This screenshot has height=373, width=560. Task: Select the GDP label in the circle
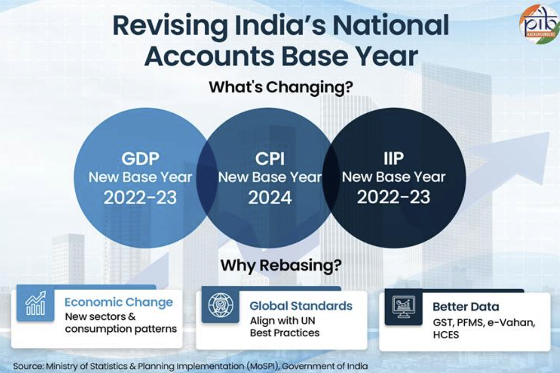tap(140, 159)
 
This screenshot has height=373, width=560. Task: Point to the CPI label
tap(270, 159)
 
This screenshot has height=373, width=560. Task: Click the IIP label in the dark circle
tap(394, 159)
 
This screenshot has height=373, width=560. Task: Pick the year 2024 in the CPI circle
tap(270, 197)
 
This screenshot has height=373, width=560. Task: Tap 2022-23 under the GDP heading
tap(140, 197)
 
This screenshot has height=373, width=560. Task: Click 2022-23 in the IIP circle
tap(394, 196)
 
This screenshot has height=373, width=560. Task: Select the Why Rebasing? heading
tap(280, 265)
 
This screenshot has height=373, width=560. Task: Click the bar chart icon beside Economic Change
tap(35, 304)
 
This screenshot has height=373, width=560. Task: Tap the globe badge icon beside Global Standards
tap(220, 305)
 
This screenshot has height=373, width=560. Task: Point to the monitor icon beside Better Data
tap(404, 307)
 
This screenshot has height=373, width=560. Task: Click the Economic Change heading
tap(118, 302)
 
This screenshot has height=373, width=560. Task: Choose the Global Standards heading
tap(301, 306)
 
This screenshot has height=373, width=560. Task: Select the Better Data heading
tap(465, 307)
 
